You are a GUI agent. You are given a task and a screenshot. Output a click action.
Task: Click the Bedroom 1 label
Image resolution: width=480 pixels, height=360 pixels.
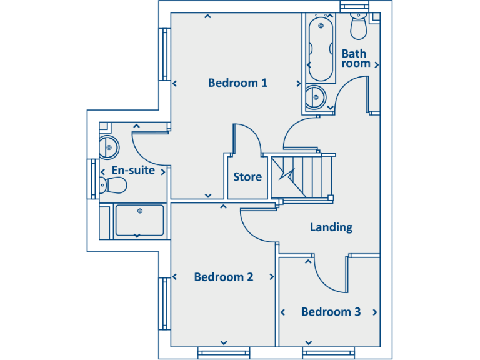click(237, 82)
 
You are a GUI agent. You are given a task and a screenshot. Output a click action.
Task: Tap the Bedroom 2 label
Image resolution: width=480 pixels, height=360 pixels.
click(224, 277)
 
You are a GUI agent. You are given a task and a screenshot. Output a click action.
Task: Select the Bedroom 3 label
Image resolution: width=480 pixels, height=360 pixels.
click(331, 312)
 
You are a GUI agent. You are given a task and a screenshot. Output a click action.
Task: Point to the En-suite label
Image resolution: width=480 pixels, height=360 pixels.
click(132, 170)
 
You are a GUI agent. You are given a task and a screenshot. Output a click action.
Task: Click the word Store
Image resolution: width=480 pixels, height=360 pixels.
click(247, 177)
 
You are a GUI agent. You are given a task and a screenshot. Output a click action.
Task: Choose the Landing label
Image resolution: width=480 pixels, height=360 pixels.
click(331, 227)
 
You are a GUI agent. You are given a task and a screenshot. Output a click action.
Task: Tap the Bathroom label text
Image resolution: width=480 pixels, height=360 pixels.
click(354, 59)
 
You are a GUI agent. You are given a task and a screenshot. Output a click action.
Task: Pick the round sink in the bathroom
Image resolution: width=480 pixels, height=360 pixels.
click(316, 97)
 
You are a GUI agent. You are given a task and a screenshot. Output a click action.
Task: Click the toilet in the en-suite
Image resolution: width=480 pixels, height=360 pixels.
click(114, 185)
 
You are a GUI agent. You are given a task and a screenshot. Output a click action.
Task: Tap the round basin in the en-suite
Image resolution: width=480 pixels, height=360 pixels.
click(109, 148)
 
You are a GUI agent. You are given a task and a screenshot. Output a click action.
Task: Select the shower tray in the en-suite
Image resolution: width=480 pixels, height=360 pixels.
click(139, 220)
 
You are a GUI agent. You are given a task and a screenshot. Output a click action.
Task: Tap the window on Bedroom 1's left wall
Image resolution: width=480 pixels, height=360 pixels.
click(165, 54)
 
